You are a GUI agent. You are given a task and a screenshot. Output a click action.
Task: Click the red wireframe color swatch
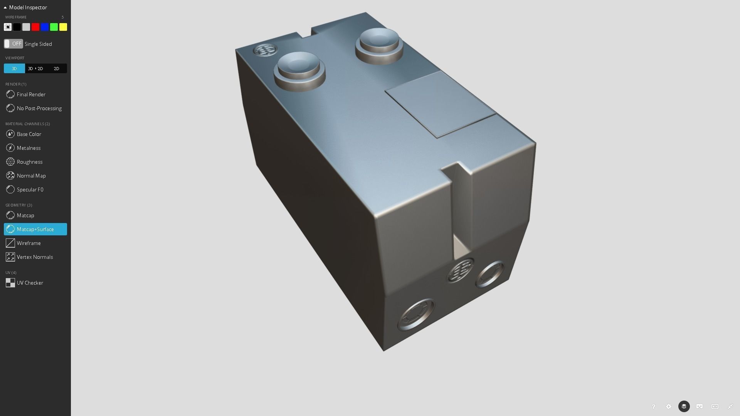pos(35,27)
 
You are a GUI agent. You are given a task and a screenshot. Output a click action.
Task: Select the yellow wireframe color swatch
pos(63,27)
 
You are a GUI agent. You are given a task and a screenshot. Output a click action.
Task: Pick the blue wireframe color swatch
pos(45,27)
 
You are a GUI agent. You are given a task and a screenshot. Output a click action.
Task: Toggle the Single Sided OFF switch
pos(13,44)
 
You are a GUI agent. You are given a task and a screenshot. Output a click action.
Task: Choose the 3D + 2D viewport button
pos(35,69)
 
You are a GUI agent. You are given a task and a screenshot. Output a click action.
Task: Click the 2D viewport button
pos(56,69)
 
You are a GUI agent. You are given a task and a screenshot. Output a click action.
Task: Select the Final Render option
pos(31,94)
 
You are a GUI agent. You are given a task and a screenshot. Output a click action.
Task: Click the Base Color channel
pos(29,134)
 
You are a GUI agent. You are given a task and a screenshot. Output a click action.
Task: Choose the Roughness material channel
pos(29,162)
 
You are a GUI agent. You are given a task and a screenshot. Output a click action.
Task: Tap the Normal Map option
pos(31,176)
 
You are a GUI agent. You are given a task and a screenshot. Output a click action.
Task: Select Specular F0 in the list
pos(30,190)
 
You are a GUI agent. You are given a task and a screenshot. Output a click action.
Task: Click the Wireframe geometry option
pos(29,243)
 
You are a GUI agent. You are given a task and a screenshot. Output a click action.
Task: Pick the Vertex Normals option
pos(35,257)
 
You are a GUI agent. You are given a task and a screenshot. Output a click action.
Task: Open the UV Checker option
pos(30,283)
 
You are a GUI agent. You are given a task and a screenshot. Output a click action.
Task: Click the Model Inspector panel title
pos(28,7)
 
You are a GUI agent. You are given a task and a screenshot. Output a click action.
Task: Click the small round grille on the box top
pos(265,50)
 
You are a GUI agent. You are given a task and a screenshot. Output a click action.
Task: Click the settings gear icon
pos(669,406)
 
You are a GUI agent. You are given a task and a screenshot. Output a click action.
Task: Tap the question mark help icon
pos(653,406)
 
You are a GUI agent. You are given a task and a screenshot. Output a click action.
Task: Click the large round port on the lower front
pos(416,314)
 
